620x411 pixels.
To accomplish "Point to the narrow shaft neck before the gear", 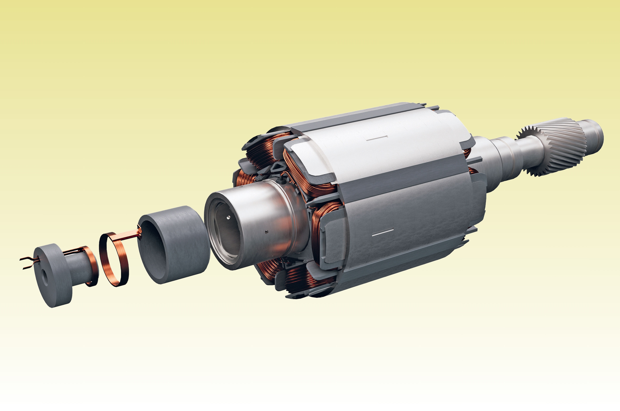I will click(x=529, y=152).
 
